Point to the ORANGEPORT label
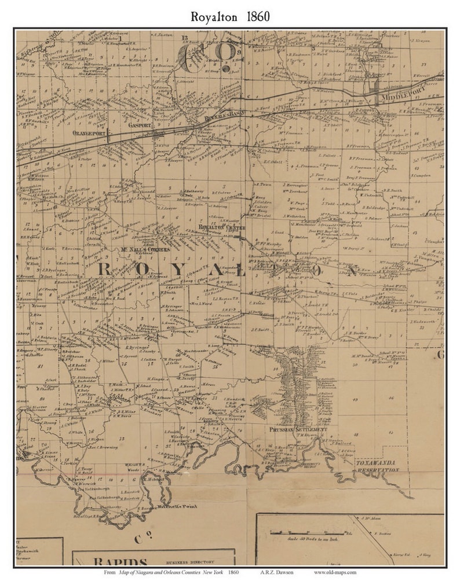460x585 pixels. click(91, 131)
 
